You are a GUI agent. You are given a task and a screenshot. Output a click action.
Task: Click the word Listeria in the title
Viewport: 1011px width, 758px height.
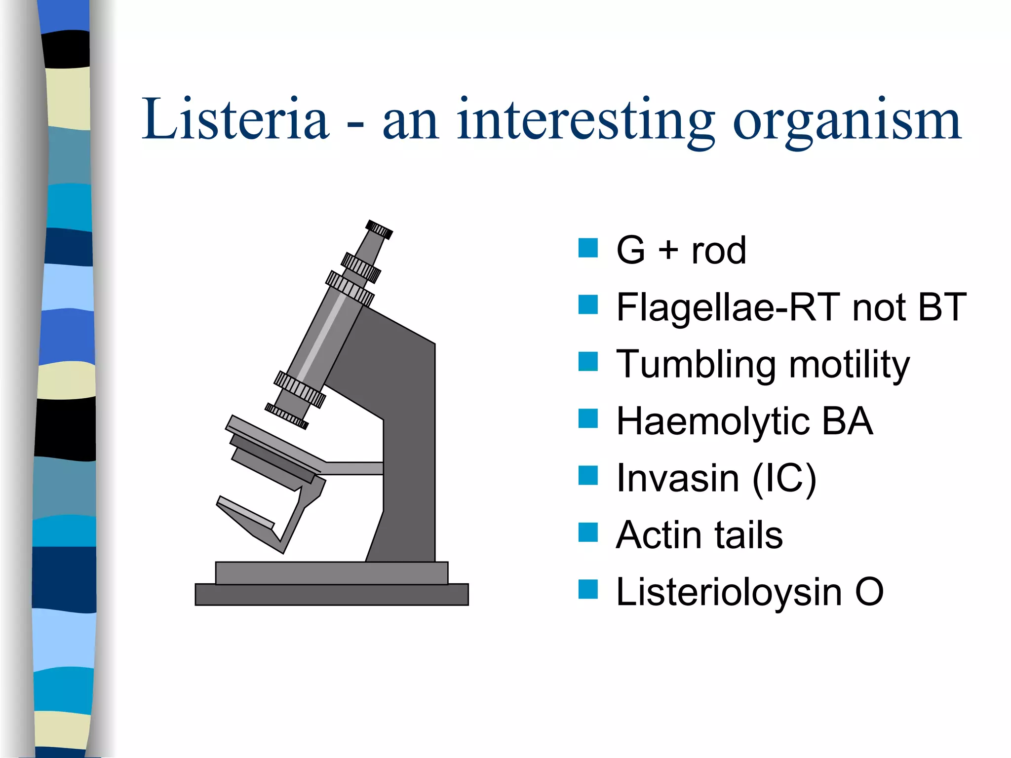(235, 119)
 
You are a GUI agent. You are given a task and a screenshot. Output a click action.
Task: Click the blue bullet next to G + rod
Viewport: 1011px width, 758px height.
(587, 248)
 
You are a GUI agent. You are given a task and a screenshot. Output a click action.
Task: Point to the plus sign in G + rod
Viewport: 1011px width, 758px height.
(668, 250)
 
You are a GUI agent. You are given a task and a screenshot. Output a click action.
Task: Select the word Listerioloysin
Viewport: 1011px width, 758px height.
(729, 593)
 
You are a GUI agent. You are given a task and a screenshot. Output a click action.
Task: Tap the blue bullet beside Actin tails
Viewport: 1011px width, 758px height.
(587, 532)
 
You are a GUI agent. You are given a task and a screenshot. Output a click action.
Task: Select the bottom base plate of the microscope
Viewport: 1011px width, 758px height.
(332, 595)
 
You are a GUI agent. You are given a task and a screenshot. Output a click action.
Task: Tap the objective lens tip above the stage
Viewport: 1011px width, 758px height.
(286, 416)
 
